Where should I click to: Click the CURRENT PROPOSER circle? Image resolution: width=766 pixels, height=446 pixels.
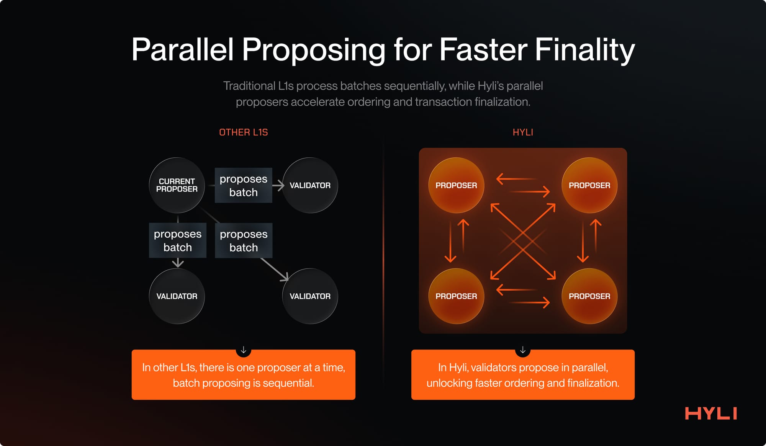(177, 185)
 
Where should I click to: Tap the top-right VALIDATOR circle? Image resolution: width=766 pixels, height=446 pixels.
(310, 185)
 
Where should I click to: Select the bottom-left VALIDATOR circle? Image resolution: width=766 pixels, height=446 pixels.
(177, 296)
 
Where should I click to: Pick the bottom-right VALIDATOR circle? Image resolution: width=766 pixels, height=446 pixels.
(310, 296)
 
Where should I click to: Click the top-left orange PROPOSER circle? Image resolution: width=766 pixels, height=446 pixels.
(456, 185)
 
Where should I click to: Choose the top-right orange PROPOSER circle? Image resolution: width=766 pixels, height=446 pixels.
(589, 185)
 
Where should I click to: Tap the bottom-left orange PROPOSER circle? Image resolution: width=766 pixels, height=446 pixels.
(456, 296)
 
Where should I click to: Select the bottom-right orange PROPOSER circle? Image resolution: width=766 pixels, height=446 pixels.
(589, 296)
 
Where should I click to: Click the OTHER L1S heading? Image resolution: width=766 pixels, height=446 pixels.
(243, 132)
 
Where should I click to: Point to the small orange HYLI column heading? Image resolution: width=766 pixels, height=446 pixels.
(523, 132)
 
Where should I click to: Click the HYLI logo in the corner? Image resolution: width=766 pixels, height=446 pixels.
(711, 413)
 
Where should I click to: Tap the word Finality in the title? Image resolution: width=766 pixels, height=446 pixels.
(584, 50)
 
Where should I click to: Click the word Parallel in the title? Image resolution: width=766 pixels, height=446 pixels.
(182, 50)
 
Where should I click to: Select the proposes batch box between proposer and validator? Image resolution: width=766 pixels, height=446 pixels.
(243, 185)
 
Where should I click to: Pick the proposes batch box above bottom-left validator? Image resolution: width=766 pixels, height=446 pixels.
(177, 240)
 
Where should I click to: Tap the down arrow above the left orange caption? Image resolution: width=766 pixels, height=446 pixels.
(243, 350)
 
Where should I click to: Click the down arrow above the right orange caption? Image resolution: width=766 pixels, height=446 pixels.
(523, 350)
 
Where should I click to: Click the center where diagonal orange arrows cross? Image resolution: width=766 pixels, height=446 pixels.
(523, 242)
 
